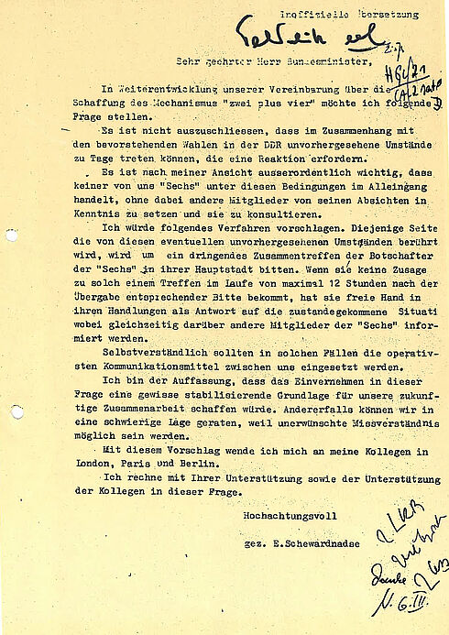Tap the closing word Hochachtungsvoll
pos(279,515)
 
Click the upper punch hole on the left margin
pos(11,235)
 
